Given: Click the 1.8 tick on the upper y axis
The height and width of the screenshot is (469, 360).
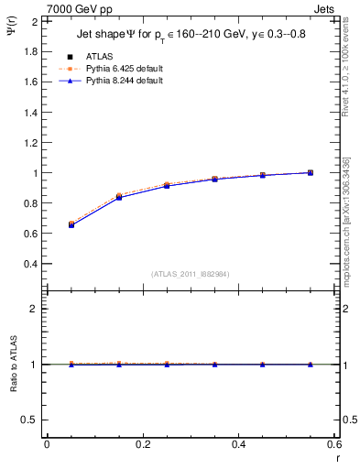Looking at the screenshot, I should tap(31, 51).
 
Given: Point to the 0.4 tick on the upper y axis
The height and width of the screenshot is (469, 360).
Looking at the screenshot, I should tap(31, 264).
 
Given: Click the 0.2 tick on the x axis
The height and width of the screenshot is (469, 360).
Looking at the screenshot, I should tap(142, 445).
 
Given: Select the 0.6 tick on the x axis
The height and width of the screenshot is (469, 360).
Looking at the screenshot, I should tap(334, 445).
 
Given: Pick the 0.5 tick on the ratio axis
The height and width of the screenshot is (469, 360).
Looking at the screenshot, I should tap(31, 420).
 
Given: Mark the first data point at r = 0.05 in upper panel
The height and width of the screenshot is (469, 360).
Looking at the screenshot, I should tap(71, 224).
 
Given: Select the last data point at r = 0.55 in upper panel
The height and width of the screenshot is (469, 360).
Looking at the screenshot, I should tap(311, 172).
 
